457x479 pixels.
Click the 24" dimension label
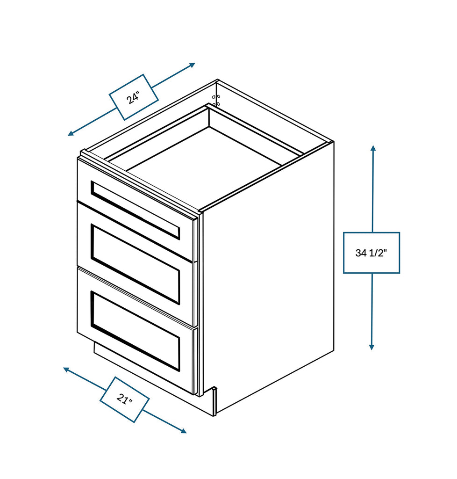click(134, 97)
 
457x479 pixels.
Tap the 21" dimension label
click(124, 399)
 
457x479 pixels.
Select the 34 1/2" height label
click(371, 253)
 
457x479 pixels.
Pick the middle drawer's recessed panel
click(136, 264)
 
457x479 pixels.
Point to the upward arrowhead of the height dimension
click(373, 148)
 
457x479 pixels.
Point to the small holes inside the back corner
click(216, 100)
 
